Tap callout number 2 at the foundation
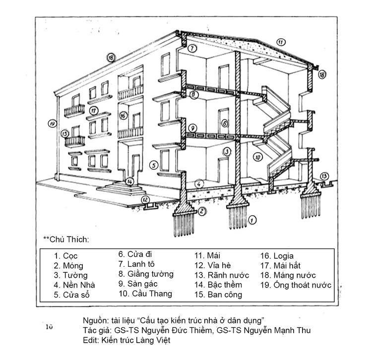coord(202,212)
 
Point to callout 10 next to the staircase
coord(257,157)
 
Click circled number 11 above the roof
coord(281,42)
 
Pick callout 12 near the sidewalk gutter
coord(146,200)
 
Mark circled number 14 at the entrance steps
coord(129,181)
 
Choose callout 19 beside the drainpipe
coord(52,123)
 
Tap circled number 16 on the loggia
coord(124,116)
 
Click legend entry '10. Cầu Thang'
coord(145,294)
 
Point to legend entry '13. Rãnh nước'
coord(220,275)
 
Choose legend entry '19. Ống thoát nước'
coord(296,285)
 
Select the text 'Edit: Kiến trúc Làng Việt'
coord(127,341)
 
